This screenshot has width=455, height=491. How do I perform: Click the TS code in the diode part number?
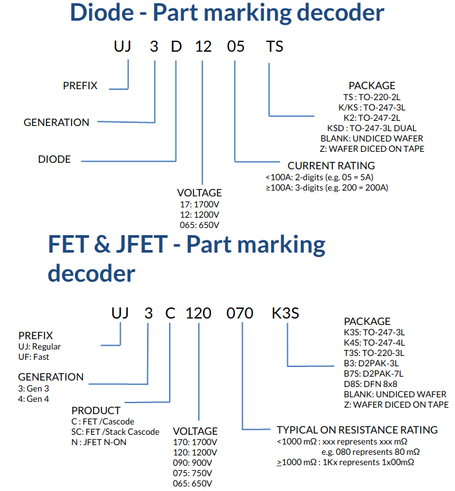pos(275,47)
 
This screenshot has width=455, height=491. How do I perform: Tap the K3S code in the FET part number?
pos(285,314)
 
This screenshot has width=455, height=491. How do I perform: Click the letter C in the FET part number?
pos(170,314)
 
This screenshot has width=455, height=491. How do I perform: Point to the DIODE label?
pos(55,159)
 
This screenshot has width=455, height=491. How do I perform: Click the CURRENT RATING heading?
pos(331,166)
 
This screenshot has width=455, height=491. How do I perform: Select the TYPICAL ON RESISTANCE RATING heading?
pos(357,430)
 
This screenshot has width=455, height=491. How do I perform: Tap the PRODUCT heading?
pos(96,410)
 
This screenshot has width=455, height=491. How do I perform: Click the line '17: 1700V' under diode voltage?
pos(199,204)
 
